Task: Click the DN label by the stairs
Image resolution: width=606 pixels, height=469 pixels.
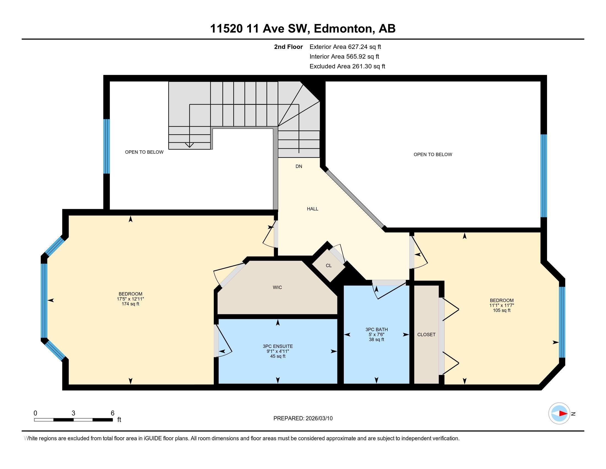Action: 299,166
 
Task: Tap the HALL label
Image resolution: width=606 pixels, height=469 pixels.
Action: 312,209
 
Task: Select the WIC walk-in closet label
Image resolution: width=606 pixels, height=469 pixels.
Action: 277,287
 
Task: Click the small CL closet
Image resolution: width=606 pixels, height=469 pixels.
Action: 329,266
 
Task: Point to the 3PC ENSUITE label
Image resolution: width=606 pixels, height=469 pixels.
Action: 278,346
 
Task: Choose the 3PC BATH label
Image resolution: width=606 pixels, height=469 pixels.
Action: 377,329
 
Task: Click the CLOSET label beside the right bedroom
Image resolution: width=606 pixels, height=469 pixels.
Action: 426,335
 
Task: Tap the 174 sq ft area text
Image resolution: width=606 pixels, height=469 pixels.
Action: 130,304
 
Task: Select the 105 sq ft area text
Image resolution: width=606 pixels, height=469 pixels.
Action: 502,310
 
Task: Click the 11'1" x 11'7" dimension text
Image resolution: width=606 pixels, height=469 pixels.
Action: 502,305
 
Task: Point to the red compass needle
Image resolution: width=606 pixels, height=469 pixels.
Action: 563,414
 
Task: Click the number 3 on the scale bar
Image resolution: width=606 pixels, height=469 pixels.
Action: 73,413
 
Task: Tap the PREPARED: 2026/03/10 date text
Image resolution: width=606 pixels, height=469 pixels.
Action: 303,419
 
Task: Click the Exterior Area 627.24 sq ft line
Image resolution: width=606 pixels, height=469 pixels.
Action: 345,47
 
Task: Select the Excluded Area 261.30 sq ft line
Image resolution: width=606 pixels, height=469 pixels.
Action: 347,66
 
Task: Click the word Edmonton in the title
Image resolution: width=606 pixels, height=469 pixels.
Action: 343,29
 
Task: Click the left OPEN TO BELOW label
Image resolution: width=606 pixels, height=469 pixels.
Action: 144,152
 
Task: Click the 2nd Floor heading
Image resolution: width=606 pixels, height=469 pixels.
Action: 288,47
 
